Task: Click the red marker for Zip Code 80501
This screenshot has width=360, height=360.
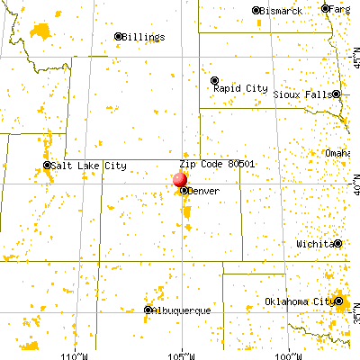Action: tap(180, 179)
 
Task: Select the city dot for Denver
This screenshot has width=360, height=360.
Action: tap(184, 191)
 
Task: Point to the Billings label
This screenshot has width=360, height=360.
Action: tap(144, 37)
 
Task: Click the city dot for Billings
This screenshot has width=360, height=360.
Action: tap(117, 37)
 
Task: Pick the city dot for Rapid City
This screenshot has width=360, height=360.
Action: tap(214, 79)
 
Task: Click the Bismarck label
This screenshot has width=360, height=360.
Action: tap(281, 11)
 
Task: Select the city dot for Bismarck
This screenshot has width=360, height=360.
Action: tap(256, 11)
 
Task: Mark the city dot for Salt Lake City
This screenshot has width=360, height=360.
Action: tap(48, 166)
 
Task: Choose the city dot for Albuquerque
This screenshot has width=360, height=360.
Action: tap(148, 310)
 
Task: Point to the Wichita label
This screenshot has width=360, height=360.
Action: tap(315, 244)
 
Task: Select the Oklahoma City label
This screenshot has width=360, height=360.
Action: tap(297, 301)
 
